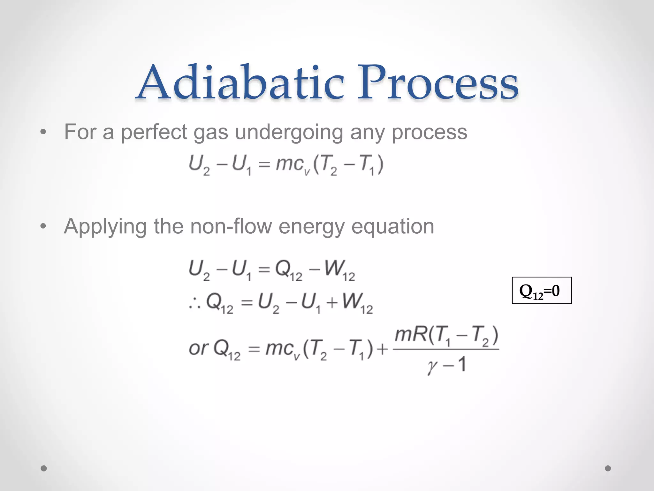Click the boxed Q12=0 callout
click(x=542, y=291)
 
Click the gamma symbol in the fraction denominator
click(x=432, y=366)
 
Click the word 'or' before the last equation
click(x=198, y=348)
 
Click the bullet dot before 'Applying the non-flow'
click(x=43, y=226)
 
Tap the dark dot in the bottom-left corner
click(x=44, y=468)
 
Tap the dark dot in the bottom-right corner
click(x=608, y=468)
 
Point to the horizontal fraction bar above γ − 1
click(x=446, y=349)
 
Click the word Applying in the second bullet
click(x=105, y=226)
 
